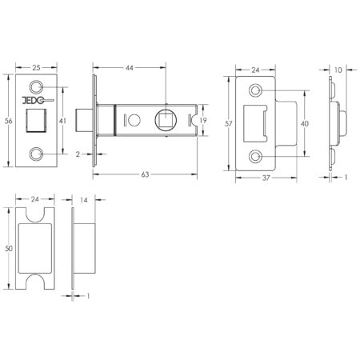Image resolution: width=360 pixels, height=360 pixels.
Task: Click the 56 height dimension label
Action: (9, 121)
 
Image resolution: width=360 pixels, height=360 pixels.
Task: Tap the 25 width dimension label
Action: (36, 68)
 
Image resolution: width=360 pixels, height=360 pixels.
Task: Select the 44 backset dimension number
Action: (130, 68)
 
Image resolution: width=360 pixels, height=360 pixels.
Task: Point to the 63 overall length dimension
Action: (145, 174)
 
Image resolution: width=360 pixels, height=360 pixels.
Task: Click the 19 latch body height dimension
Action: (203, 121)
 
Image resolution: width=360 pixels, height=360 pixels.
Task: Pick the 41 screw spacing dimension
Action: (62, 121)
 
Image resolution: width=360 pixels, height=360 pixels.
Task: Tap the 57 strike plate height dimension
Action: (229, 124)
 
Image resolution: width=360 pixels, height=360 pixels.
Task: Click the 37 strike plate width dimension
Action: (266, 178)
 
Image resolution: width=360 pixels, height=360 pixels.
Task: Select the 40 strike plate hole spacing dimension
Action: (305, 124)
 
